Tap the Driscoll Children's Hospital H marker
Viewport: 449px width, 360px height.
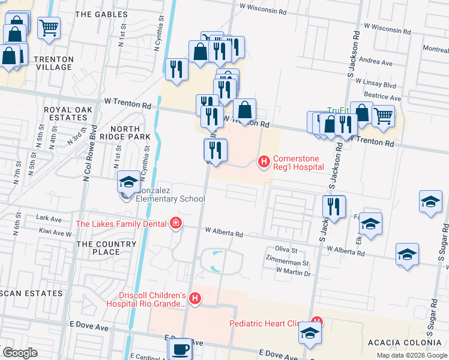[194, 298]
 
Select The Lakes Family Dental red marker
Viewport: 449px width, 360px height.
[175, 224]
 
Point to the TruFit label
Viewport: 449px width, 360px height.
[338, 110]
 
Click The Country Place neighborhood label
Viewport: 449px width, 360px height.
[98, 248]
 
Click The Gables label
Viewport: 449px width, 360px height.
[102, 14]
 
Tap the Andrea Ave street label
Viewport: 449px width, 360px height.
[375, 62]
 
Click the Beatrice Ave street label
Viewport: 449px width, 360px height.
[382, 97]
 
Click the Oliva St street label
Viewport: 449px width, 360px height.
[286, 249]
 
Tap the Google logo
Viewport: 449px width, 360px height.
[20, 353]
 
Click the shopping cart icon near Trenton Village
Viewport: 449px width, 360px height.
[49, 28]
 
